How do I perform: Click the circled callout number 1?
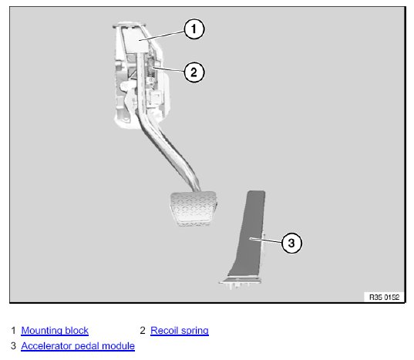click(194, 29)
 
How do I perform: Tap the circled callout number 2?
click(194, 72)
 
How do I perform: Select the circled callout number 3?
click(291, 243)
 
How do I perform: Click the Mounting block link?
click(55, 331)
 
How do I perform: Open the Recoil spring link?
click(180, 331)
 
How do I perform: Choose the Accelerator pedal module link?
click(78, 346)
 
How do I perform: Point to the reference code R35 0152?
click(384, 298)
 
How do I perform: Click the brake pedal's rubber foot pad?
click(194, 208)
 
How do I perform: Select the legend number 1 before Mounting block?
click(13, 331)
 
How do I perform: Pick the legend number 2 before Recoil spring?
click(143, 331)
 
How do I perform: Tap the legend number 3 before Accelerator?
click(13, 346)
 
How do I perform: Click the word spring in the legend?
click(195, 331)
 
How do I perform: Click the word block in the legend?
click(77, 331)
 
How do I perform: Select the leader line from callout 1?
click(162, 35)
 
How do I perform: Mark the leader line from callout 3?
click(266, 241)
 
